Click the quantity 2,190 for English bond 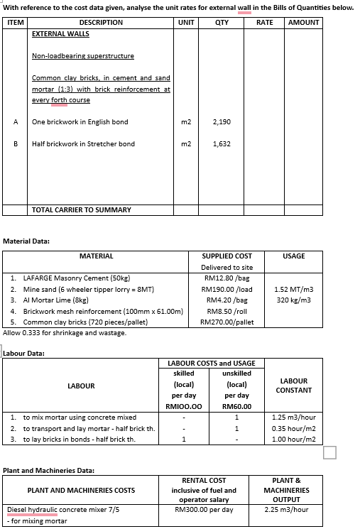click(222, 122)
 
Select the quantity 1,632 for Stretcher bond click(222, 144)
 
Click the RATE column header click(264, 23)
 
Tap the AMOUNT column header click(304, 23)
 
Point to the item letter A click(15, 122)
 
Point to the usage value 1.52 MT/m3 click(293, 290)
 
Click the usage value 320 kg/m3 click(293, 300)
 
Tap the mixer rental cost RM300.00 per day click(204, 509)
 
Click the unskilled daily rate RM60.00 click(236, 406)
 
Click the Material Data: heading click(26, 241)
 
